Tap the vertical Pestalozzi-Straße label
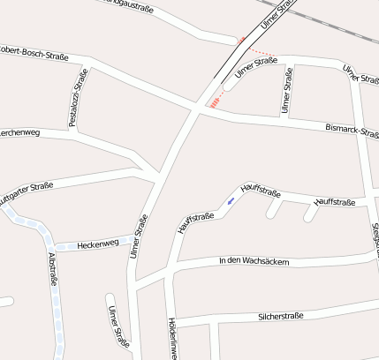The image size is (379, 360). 76,97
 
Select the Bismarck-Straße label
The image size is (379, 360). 352,131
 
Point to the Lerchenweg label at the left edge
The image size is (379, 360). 18,133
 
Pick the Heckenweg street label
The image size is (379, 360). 98,244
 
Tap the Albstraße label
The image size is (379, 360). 52,270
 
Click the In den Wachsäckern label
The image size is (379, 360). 254,261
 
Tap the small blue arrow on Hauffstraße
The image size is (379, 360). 231,201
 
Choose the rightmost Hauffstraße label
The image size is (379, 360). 334,202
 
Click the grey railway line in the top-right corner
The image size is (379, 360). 345,26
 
